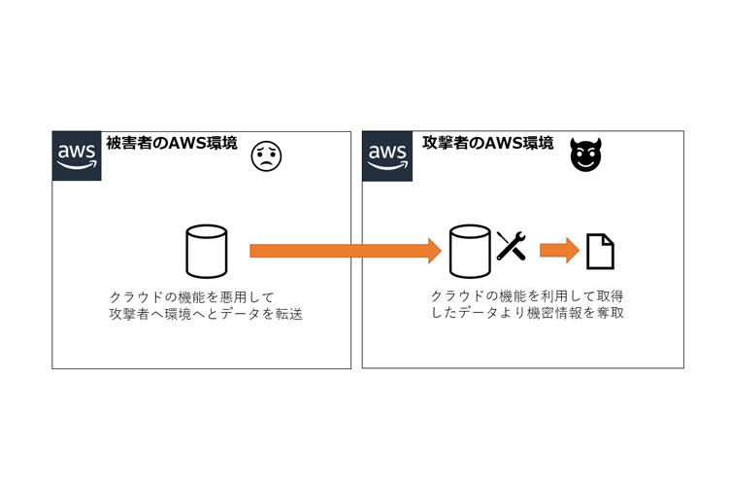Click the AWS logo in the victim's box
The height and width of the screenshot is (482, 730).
pos(77,155)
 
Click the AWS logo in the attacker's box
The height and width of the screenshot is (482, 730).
pos(387,155)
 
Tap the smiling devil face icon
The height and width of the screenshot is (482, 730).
pos(584,155)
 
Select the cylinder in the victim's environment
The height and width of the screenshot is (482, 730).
pos(206,251)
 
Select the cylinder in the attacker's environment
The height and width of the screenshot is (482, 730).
pos(472,251)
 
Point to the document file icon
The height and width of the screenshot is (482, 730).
pos(601,252)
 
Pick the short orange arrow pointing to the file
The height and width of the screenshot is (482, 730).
pos(559,251)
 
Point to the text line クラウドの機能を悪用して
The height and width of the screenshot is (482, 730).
pos(193,295)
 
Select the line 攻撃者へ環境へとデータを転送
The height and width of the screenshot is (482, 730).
pos(206,314)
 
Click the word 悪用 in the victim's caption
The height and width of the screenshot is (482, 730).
pos(237,295)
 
